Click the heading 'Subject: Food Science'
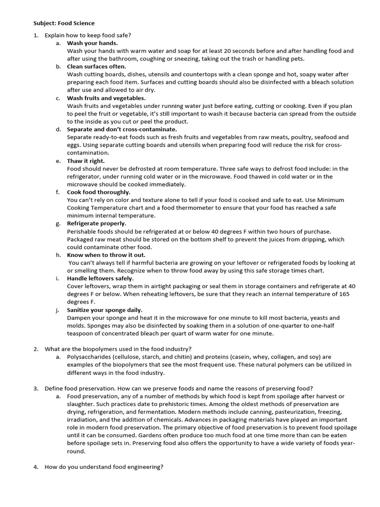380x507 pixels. coord(64,23)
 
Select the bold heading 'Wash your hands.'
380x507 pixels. coord(92,43)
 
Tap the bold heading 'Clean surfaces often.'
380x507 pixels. coord(96,66)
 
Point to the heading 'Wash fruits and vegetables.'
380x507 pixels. coord(106,98)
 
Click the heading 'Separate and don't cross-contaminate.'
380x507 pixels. coord(122,129)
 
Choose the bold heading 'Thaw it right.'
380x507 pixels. coord(86,161)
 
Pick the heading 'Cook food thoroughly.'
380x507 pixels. coord(99,192)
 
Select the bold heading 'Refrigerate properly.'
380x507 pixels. coord(96,223)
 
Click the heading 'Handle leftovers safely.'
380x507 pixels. coord(100,278)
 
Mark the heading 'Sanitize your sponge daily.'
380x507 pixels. coord(104,310)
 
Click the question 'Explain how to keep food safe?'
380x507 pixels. coord(88,35)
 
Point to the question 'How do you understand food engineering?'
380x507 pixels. coord(104,467)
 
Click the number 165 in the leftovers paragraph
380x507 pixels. coord(344,294)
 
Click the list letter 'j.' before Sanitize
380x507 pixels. coord(57,310)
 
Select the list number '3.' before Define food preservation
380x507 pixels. coord(36,388)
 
